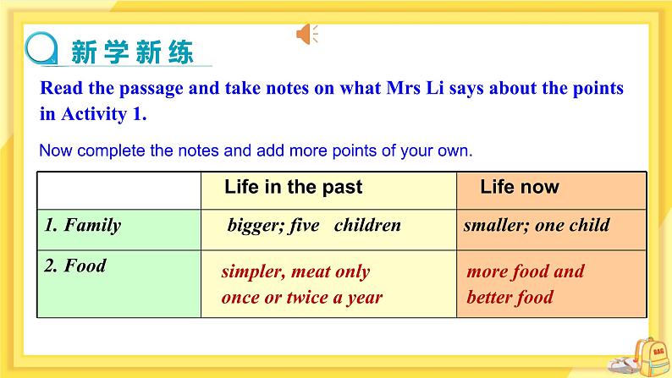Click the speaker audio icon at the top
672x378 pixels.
[306, 34]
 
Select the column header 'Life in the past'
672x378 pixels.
[293, 187]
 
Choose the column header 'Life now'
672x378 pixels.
[520, 187]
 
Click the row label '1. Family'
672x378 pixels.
[82, 226]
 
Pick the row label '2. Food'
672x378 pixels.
[75, 266]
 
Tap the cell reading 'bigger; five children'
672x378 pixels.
[313, 226]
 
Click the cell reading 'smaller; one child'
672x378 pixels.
[537, 226]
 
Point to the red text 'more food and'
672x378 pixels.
[526, 271]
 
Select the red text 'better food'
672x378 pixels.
[510, 297]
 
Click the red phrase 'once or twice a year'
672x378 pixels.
[301, 297]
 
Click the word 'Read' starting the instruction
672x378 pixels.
[60, 88]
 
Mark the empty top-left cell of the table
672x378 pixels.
[118, 189]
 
